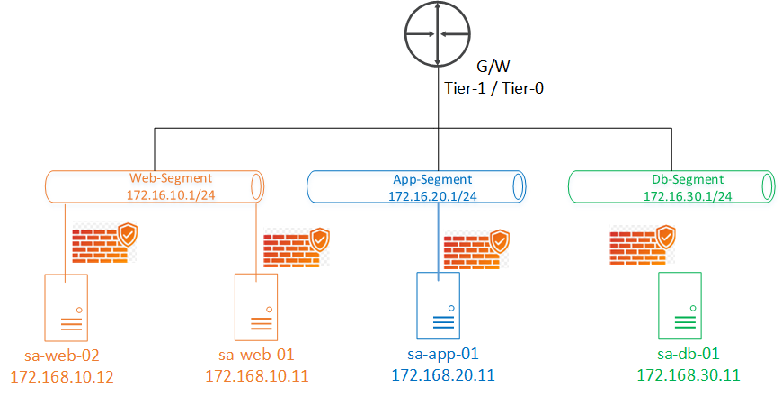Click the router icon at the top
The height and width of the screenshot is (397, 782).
click(x=437, y=34)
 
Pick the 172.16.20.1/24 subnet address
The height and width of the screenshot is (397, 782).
click(x=426, y=194)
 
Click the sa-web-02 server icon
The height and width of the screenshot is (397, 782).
click(x=66, y=305)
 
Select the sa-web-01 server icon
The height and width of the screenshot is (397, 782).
click(x=256, y=305)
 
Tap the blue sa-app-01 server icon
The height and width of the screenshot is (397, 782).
click(x=438, y=305)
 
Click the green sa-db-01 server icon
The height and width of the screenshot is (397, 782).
click(x=680, y=305)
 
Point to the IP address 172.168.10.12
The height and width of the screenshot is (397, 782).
click(x=62, y=375)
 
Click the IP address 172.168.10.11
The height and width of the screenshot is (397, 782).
click(x=257, y=375)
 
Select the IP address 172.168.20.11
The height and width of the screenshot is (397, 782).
click(x=443, y=374)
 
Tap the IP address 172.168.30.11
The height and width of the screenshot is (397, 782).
click(x=688, y=374)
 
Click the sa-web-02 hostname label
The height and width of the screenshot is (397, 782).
click(x=62, y=355)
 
